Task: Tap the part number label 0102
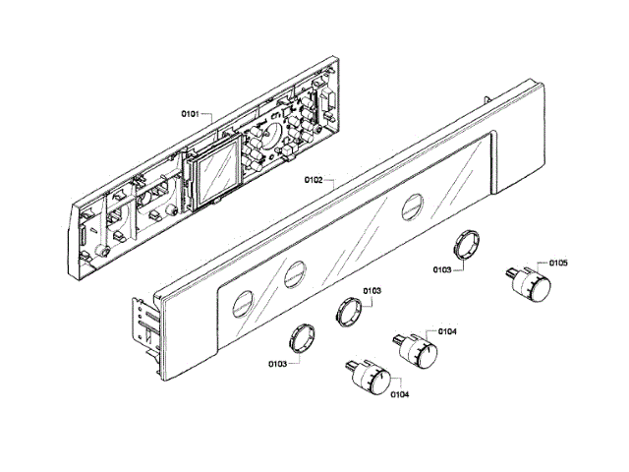314,180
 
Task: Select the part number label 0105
558,263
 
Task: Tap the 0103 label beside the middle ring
372,291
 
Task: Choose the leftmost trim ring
302,337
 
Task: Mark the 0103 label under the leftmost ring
277,364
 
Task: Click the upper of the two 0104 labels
446,331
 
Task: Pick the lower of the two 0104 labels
399,395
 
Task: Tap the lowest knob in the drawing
373,380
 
